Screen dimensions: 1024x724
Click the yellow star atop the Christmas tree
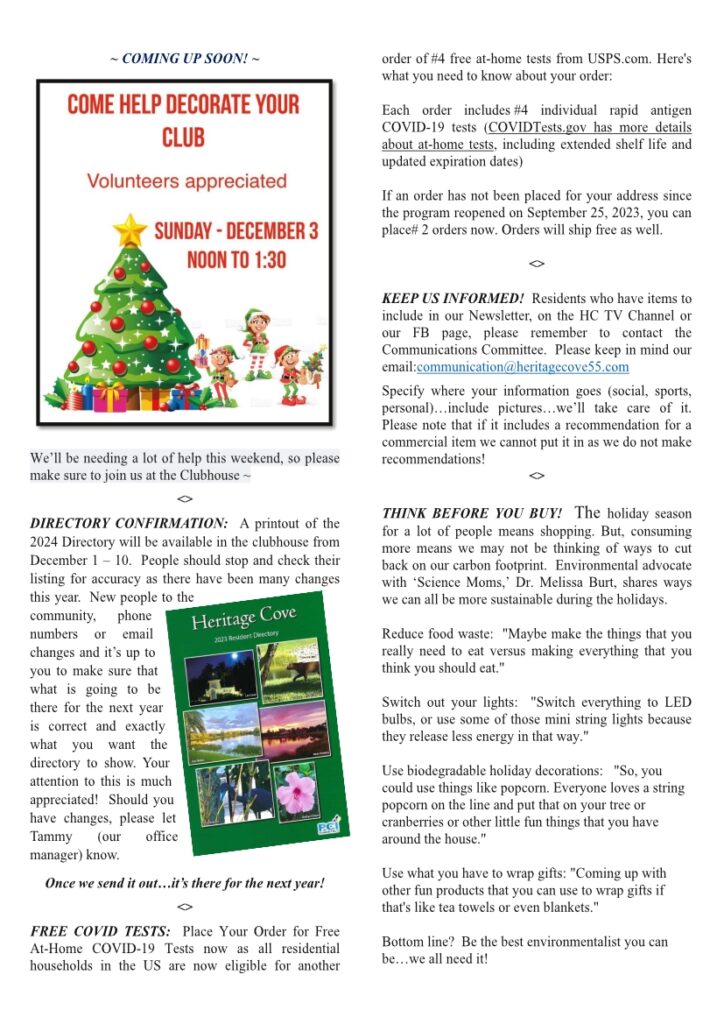point(129,230)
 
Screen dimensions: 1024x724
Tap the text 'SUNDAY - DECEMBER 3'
point(236,232)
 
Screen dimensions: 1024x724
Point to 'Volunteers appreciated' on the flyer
point(187,182)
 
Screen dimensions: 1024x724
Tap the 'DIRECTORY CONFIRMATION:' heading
point(129,523)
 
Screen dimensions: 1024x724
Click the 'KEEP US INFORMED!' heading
point(453,298)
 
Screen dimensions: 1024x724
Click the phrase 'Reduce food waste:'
point(437,634)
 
